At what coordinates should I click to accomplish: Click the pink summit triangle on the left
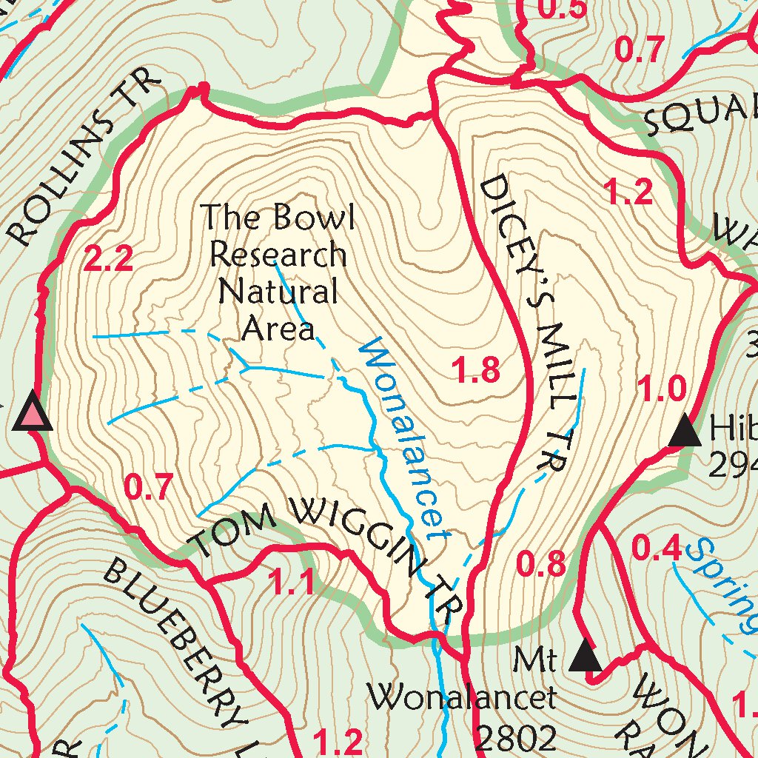pos(33,413)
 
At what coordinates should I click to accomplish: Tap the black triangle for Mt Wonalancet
pos(586,657)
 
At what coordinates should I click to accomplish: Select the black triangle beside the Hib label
pos(685,432)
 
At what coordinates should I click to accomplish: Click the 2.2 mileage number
pos(108,259)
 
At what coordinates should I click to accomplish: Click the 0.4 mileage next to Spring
pos(655,549)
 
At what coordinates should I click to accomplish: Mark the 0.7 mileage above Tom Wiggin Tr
pos(148,488)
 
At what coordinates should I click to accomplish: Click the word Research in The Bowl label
pos(278,255)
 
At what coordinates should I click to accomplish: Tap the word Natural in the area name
pos(278,292)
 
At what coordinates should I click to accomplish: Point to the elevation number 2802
pos(515,738)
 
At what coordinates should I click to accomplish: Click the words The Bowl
pos(279,218)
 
